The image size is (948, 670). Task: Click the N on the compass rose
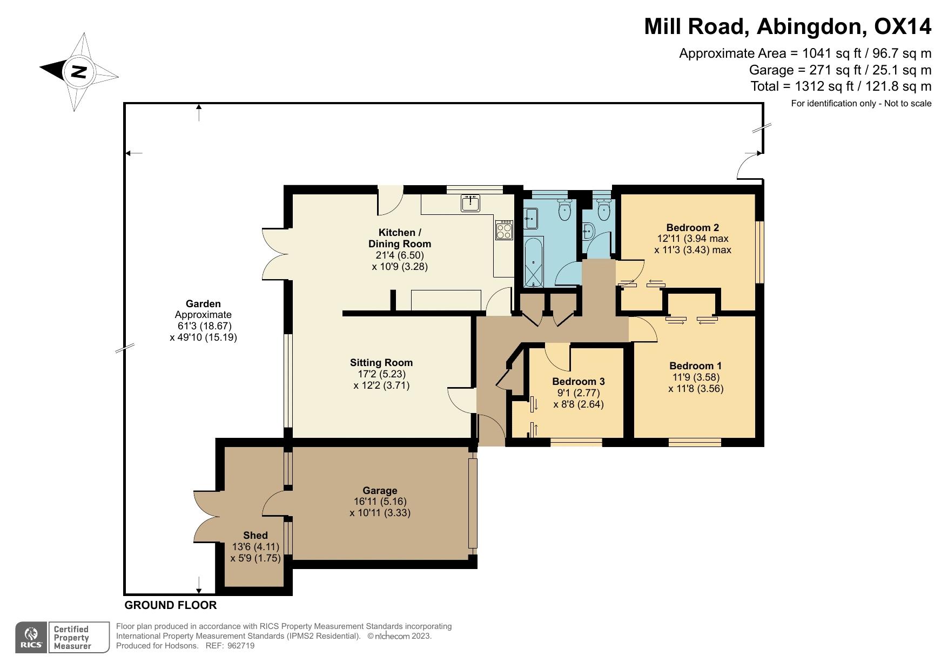pyautogui.click(x=79, y=71)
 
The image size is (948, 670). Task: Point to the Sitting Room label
pyautogui.click(x=381, y=363)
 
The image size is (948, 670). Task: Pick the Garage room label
pyautogui.click(x=380, y=490)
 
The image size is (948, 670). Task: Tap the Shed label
pyautogui.click(x=256, y=535)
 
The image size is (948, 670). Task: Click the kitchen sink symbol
pyautogui.click(x=471, y=203)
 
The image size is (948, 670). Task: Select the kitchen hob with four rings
pyautogui.click(x=504, y=229)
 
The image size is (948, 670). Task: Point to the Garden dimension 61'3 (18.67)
pyautogui.click(x=204, y=326)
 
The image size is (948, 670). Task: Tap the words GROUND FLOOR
pyautogui.click(x=171, y=605)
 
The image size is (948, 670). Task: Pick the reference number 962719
pyautogui.click(x=241, y=646)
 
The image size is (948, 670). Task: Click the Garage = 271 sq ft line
pyautogui.click(x=840, y=70)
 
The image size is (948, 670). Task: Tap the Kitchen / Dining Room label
pyautogui.click(x=400, y=238)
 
